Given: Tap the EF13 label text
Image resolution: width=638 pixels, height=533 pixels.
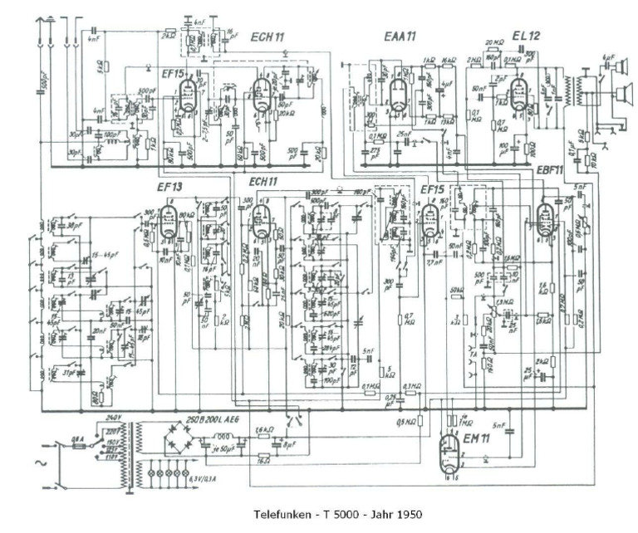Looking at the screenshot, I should tap(169, 188).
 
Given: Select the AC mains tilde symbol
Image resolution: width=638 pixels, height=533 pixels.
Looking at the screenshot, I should tap(34, 461).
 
